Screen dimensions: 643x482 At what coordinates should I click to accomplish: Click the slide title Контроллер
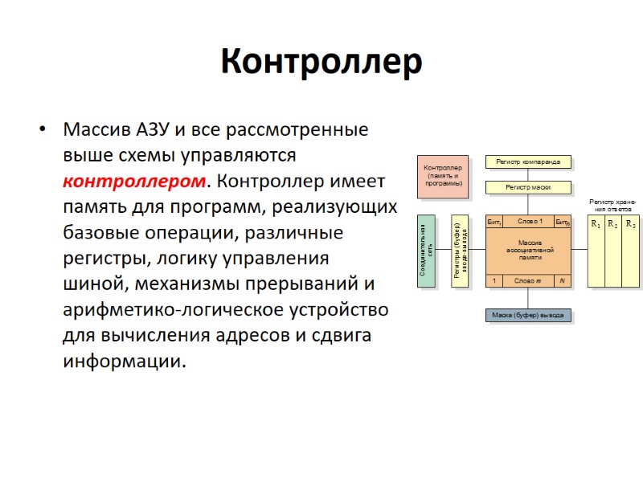coord(321,62)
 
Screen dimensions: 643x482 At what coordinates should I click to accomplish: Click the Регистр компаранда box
coord(528,161)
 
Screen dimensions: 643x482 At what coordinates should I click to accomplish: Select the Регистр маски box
coord(528,188)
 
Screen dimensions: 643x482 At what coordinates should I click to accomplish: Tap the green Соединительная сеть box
coord(426,251)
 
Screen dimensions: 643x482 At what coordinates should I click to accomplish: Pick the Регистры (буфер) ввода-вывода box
coord(460,251)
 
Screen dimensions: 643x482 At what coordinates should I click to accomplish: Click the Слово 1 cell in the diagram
coord(530,221)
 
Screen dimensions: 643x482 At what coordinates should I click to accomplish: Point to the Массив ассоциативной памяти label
coord(530,250)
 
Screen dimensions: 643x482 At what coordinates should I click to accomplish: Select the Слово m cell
coord(528,280)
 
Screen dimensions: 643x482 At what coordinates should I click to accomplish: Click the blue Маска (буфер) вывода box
coord(528,315)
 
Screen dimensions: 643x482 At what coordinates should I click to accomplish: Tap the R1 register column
coord(596,251)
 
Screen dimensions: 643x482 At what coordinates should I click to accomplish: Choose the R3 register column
coord(631,251)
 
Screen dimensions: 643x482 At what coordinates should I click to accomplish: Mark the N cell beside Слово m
coord(563,280)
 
